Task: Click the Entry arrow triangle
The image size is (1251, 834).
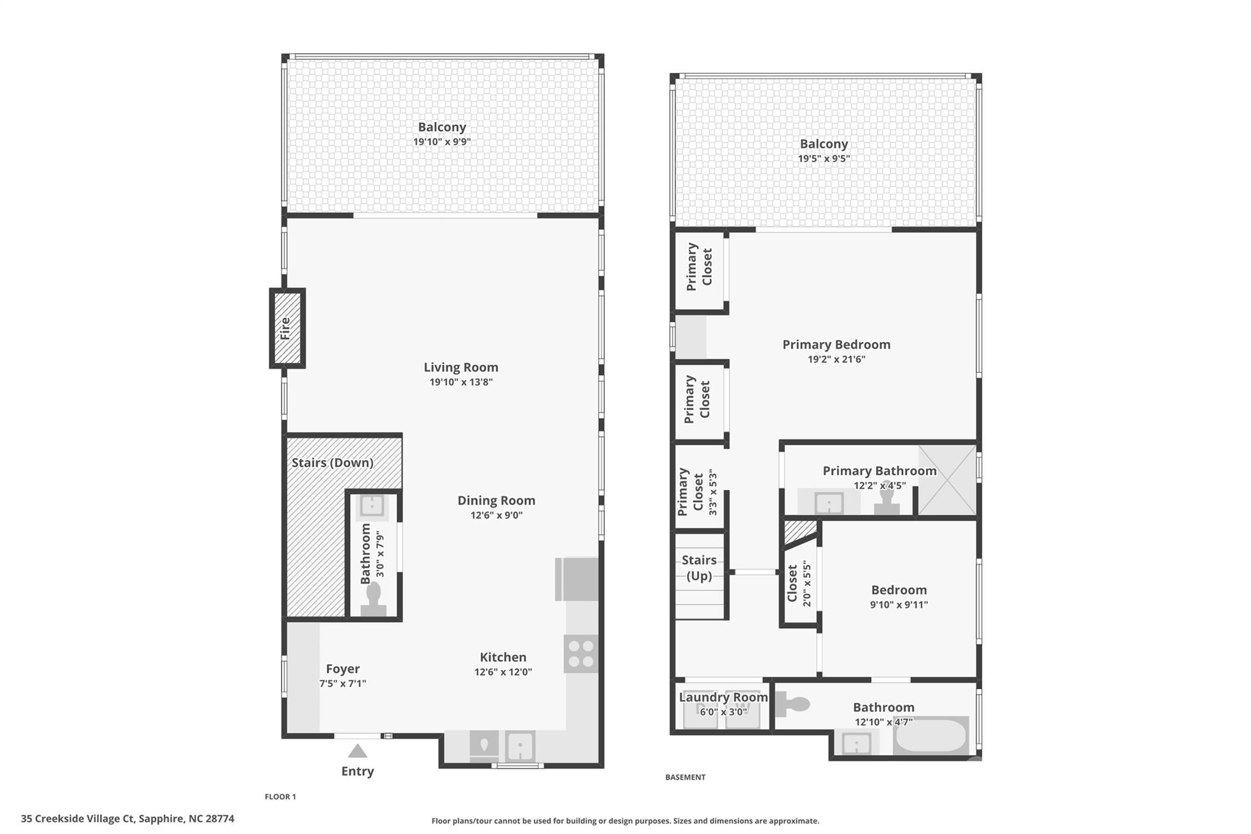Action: (x=357, y=751)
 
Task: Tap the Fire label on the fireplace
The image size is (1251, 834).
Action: (x=285, y=329)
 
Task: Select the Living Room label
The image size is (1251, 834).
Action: (x=461, y=367)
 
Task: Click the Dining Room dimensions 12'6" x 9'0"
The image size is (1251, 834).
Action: (x=496, y=515)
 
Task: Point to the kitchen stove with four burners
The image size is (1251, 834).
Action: (x=581, y=654)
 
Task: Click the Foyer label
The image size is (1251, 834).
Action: (x=343, y=668)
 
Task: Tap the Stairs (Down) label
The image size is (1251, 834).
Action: (x=332, y=463)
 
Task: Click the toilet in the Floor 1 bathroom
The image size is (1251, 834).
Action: (x=373, y=598)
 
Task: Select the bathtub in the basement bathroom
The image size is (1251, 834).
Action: (x=931, y=735)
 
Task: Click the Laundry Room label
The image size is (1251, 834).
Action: (x=723, y=697)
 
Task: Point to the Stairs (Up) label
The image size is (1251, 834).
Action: (x=699, y=568)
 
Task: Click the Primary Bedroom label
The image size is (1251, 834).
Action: (x=836, y=345)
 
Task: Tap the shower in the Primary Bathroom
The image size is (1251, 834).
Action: (x=947, y=480)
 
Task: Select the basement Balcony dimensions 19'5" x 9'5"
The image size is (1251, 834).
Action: (x=823, y=159)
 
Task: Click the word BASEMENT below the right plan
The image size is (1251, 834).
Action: (x=685, y=777)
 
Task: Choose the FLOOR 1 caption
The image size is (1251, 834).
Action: (x=280, y=797)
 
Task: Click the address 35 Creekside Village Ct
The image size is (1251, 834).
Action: (x=78, y=819)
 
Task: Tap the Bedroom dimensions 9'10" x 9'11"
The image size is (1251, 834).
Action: (x=899, y=605)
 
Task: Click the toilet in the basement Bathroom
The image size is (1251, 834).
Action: (x=792, y=704)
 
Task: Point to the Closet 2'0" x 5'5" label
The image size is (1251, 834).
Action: (x=799, y=583)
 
